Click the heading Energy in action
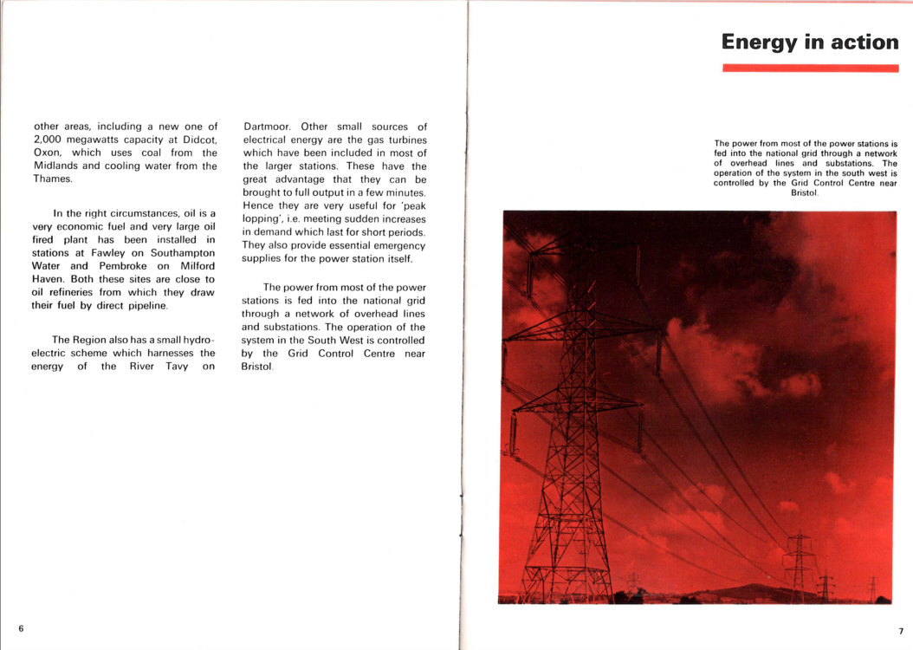click(x=809, y=42)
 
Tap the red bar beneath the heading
click(x=809, y=68)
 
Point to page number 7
click(x=900, y=631)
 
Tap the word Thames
click(x=53, y=179)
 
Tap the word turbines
click(x=406, y=140)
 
